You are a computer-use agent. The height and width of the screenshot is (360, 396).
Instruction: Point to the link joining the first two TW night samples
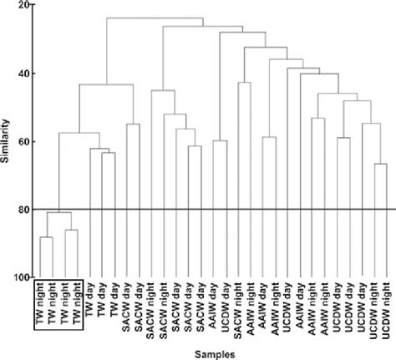(47, 238)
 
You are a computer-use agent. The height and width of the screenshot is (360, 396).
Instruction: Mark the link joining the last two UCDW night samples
(380, 164)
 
